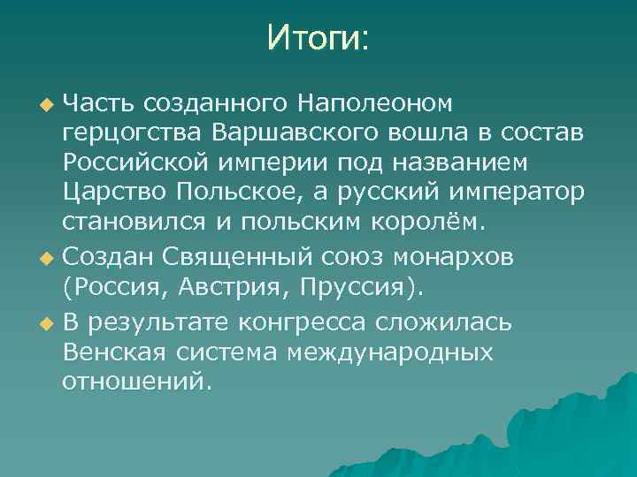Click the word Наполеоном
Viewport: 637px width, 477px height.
click(x=374, y=103)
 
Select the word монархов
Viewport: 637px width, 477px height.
click(x=461, y=257)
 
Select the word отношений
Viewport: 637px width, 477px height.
click(x=136, y=382)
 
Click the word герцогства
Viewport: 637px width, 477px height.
click(x=133, y=133)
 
